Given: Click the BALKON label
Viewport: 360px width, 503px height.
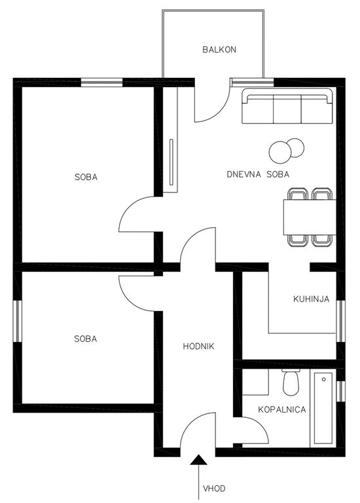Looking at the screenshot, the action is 219,49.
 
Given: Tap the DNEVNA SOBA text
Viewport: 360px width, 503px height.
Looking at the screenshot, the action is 258,174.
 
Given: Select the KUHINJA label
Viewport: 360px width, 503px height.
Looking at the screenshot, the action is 312,299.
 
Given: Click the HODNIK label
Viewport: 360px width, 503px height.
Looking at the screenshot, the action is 198,346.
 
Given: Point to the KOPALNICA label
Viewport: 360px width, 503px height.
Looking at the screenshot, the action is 281,409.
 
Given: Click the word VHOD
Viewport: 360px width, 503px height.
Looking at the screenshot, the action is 214,489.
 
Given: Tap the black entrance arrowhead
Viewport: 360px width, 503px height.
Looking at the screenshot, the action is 199,460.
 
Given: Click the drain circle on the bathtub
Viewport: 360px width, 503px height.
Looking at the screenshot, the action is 324,379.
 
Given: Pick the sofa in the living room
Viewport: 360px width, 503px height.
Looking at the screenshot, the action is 287,105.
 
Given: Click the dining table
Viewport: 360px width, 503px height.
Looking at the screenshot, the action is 310,217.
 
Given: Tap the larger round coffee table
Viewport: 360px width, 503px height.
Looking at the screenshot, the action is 280,153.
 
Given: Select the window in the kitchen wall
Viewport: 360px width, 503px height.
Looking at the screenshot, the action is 341,322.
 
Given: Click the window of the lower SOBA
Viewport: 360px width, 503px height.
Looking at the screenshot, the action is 18,321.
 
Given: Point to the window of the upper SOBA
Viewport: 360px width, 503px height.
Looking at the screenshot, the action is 101,83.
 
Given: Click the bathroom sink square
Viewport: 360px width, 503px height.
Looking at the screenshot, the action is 255,382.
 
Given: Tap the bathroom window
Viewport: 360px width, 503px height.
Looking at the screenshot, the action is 341,391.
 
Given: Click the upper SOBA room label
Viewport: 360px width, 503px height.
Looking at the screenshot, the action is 86,177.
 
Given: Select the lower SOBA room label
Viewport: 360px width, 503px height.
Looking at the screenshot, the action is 85,339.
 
